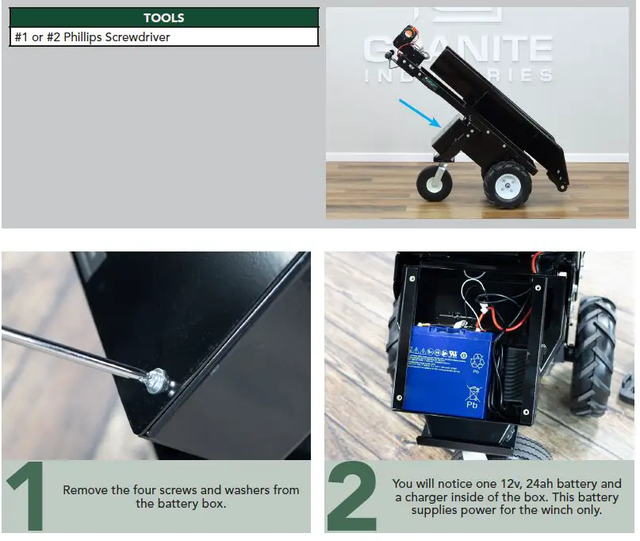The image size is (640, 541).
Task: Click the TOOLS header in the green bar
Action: tap(163, 17)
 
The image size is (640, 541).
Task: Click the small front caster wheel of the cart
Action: tap(435, 182)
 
